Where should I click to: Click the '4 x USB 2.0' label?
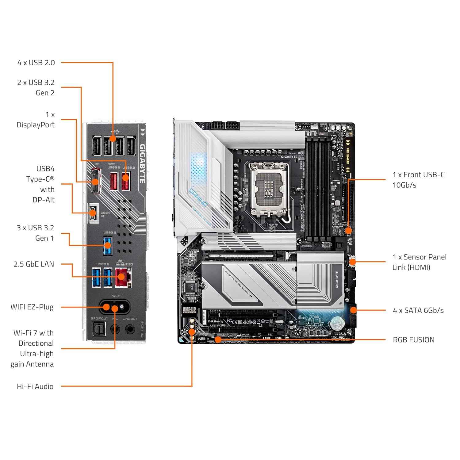[36, 63]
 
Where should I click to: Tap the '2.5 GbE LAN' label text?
[34, 264]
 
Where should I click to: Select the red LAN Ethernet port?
[123, 277]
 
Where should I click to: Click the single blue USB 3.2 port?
[108, 245]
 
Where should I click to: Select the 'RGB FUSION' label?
[413, 340]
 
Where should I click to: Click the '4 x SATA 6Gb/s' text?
[418, 310]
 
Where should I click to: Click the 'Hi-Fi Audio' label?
[35, 386]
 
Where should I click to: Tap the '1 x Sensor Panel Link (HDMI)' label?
[419, 262]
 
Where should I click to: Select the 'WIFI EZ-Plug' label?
[32, 307]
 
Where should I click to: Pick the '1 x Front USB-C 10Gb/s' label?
[418, 180]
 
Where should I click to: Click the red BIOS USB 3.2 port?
[113, 181]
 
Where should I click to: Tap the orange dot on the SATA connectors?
[353, 310]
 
